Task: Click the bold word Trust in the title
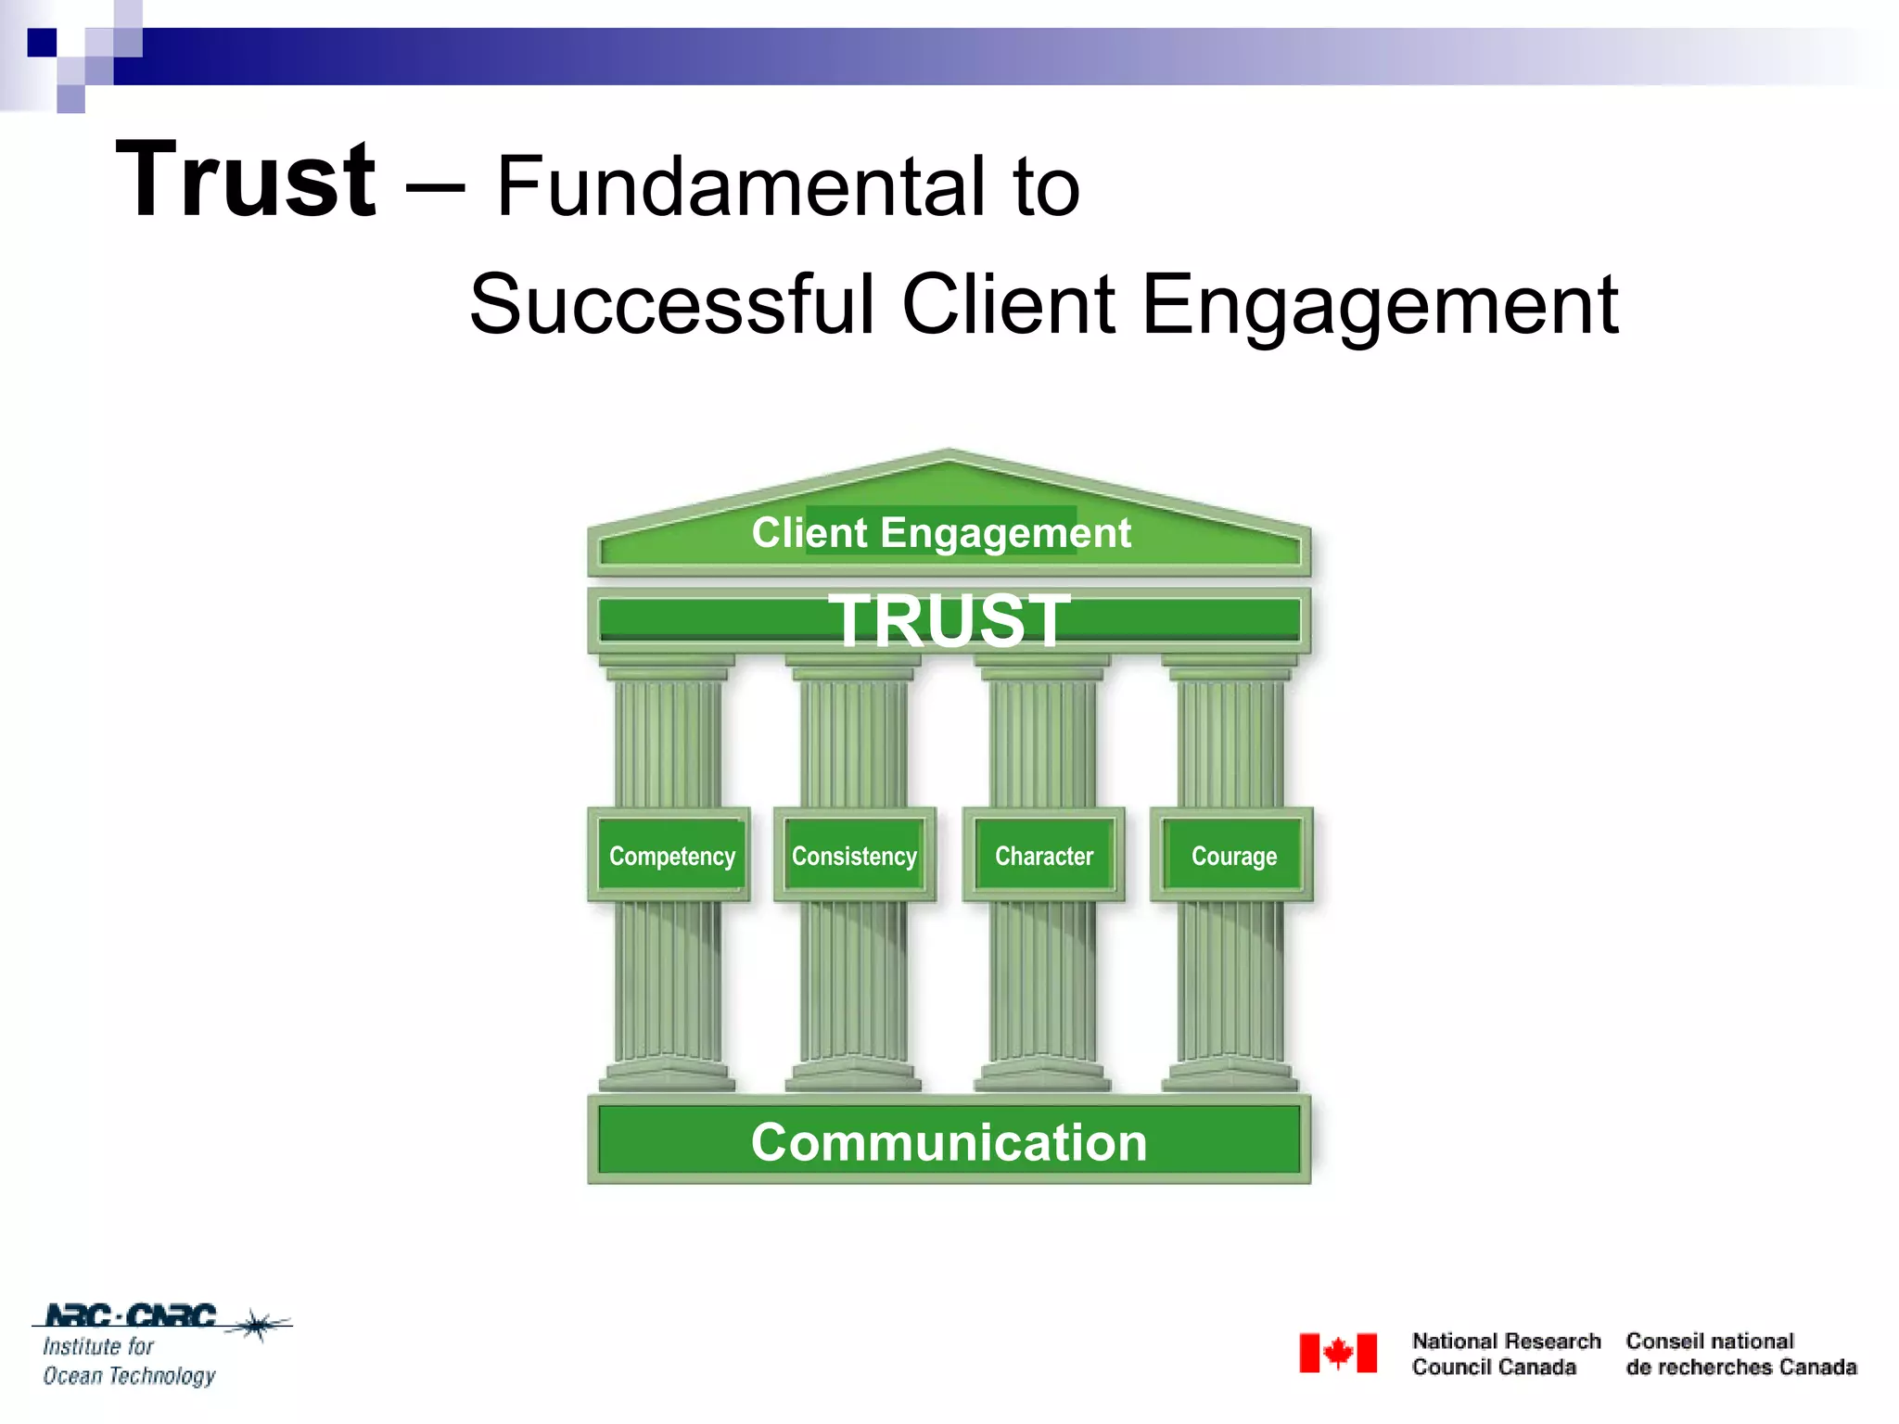pos(246,181)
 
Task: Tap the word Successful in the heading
pos(671,305)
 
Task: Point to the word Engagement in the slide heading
pos(1379,307)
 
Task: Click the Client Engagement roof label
pos(941,533)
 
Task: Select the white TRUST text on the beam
pos(949,620)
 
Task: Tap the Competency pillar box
pos(671,856)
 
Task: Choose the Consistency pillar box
pos(854,856)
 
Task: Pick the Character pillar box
pos(1044,856)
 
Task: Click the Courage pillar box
pos(1233,856)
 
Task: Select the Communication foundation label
pos(949,1142)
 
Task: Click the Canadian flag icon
pos(1337,1354)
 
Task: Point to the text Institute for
pos(98,1346)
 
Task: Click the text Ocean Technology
pos(129,1376)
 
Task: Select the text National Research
pos(1506,1341)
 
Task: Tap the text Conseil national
pos(1709,1341)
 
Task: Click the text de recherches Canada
pos(1740,1367)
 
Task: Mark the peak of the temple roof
pos(949,453)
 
